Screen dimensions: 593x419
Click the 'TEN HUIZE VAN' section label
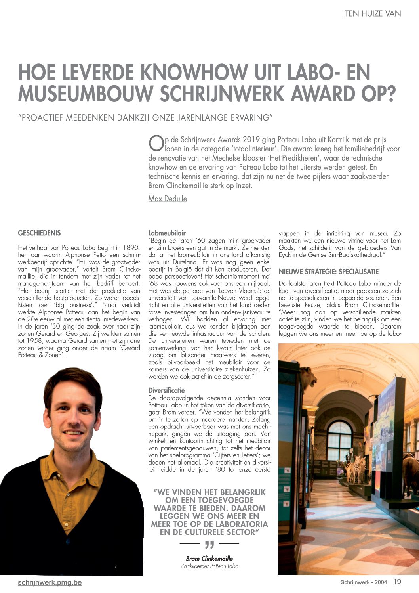373,14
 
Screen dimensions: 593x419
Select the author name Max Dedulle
168,199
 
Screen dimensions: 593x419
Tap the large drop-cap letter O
156,143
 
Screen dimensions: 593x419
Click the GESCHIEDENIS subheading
39,233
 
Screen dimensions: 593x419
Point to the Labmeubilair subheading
167,233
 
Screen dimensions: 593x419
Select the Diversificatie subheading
166,390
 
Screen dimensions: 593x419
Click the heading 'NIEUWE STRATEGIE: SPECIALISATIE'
328,272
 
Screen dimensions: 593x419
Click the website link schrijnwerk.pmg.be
50,582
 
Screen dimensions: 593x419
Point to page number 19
397,582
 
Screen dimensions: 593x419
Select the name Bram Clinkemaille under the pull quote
209,559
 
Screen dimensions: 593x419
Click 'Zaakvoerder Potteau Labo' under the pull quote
209,566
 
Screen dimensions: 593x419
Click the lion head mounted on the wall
309,377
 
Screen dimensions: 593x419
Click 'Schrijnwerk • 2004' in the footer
364,582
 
